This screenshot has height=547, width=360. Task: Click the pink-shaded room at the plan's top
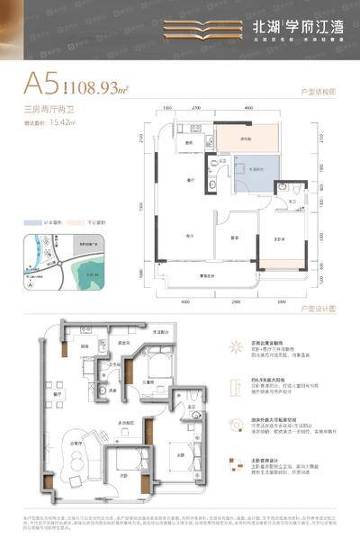pos(245,137)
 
